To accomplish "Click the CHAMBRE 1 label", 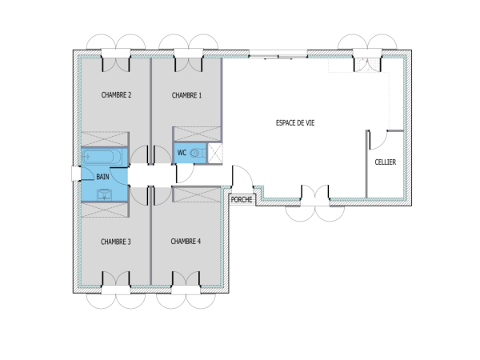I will click(x=186, y=95).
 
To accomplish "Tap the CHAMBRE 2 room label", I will click(x=116, y=95).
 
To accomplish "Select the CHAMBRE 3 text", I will click(x=116, y=241).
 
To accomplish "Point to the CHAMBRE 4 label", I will click(x=186, y=241).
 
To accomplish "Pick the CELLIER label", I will click(x=386, y=162).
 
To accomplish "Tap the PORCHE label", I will click(x=241, y=199).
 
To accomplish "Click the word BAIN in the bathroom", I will click(x=102, y=176).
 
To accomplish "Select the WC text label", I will click(x=182, y=152).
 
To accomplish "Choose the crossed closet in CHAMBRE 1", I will click(x=197, y=134).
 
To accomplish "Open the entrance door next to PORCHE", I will click(x=241, y=176).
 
